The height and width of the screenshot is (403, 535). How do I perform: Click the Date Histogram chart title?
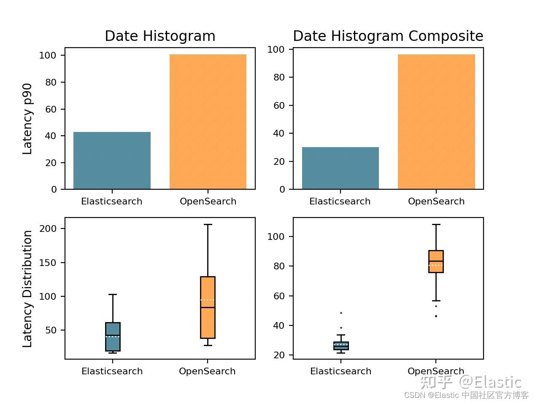click(160, 36)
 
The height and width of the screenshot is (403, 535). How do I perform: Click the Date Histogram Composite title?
click(388, 36)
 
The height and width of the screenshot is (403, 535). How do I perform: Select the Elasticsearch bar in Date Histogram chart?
click(112, 161)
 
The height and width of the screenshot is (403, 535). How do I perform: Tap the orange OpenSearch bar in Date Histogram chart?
click(208, 122)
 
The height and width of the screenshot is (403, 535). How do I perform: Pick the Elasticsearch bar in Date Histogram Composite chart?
click(340, 168)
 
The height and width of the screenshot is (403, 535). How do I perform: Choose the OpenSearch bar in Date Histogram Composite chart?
click(436, 122)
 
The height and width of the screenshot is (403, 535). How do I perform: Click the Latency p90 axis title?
click(27, 119)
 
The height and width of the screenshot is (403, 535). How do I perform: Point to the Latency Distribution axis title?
click(27, 289)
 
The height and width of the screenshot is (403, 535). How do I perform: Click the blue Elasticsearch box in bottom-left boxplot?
click(113, 336)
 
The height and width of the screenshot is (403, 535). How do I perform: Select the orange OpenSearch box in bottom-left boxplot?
click(208, 307)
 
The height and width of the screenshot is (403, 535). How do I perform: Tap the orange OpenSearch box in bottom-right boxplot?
click(436, 261)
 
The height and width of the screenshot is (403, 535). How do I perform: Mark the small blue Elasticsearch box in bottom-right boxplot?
click(341, 346)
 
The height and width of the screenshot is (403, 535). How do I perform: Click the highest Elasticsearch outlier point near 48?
click(341, 313)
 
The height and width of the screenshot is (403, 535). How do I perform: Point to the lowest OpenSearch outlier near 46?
click(436, 316)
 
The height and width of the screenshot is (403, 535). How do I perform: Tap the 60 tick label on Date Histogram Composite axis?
click(279, 105)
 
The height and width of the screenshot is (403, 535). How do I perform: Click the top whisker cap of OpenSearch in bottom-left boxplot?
click(208, 225)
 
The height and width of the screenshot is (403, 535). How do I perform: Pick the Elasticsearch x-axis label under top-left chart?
click(112, 201)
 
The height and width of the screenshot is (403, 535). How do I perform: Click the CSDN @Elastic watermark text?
click(466, 395)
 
